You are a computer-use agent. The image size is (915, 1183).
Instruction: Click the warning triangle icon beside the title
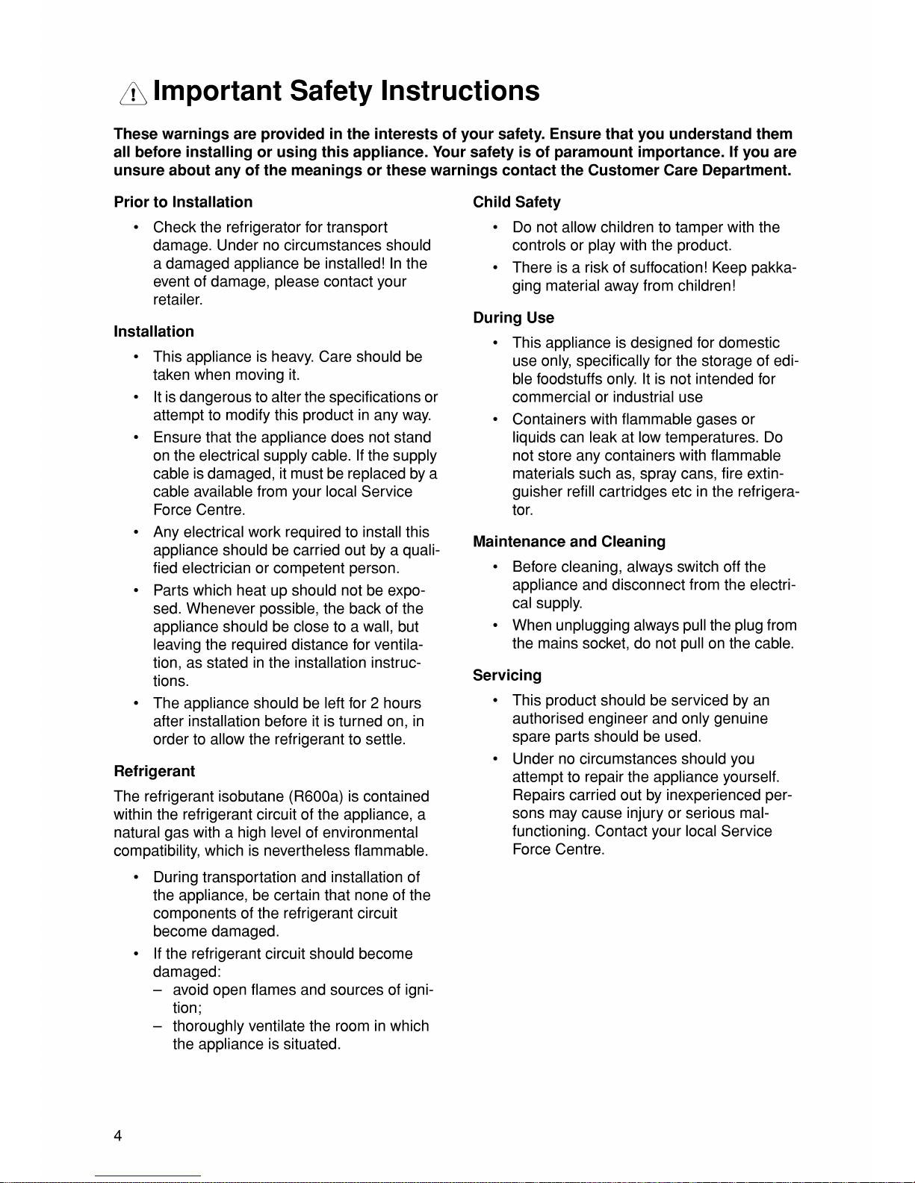tap(133, 93)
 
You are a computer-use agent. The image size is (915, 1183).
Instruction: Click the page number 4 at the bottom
tap(118, 1136)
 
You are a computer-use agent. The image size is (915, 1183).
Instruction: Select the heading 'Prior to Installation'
tap(183, 202)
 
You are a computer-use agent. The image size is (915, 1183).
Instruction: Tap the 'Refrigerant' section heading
tap(154, 771)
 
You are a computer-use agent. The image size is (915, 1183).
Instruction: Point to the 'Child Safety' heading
tap(516, 202)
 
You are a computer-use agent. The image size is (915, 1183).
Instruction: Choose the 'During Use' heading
tap(513, 318)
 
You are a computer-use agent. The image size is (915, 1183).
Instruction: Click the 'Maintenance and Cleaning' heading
tap(568, 542)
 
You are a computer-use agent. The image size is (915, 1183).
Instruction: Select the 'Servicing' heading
tap(507, 675)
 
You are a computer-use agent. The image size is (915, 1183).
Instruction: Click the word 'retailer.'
tap(178, 300)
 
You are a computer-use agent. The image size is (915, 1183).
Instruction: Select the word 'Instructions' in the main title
tap(459, 91)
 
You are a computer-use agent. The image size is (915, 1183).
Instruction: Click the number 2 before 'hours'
tap(375, 703)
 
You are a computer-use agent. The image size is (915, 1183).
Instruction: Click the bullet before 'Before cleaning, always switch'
tap(495, 568)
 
